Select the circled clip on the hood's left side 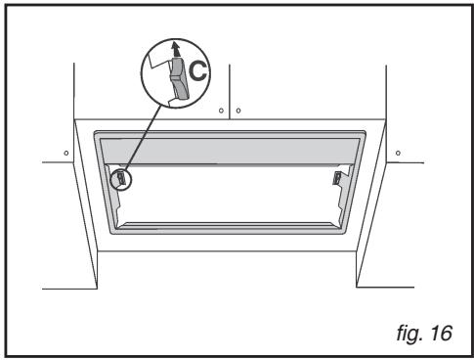(119, 179)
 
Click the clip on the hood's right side (337, 179)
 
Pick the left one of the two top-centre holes (222, 111)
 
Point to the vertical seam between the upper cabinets (228, 88)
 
